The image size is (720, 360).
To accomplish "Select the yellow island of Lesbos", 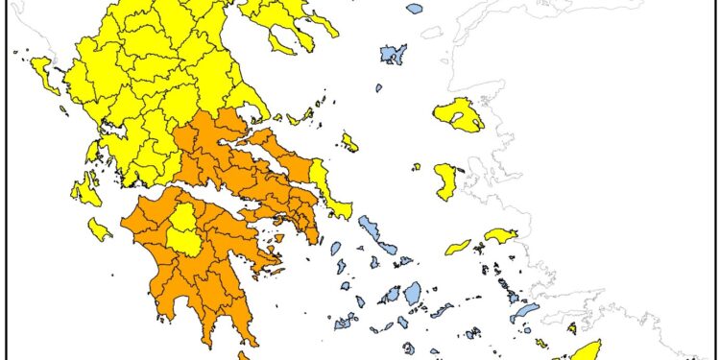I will pos(457,115).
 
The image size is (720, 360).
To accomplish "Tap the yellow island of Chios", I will pos(445,181).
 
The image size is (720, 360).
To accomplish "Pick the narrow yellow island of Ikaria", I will pos(458,248).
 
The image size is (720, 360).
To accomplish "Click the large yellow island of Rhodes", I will pos(587,350).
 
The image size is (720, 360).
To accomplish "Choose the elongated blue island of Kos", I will pos(524,313).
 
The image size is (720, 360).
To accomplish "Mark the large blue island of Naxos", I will pos(413,292).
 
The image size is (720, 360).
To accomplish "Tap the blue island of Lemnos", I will pos(393,54).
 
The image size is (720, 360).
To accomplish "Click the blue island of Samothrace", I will pos(414,9).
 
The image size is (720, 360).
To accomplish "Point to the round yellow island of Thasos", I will pos(286,39).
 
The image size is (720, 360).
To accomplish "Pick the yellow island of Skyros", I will pos(349,142).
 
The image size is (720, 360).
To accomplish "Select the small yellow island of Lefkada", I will pos(92,152).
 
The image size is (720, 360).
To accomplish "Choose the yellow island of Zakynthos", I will pos(99,229).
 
